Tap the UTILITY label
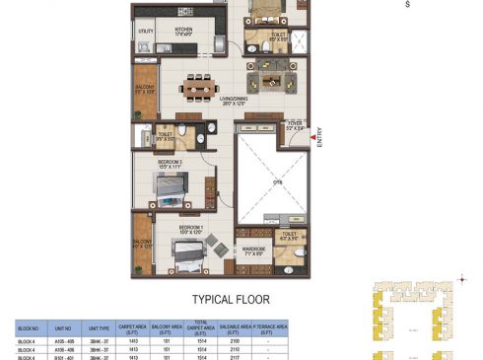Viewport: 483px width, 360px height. point(146,32)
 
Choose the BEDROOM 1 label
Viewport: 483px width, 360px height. point(191,230)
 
